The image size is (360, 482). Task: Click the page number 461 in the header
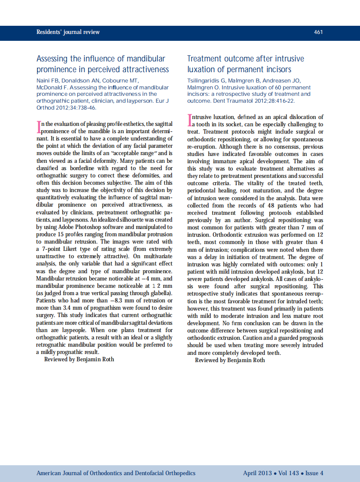click(x=318, y=32)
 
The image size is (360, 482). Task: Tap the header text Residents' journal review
click(x=68, y=32)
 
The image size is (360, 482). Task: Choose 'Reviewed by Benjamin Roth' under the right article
click(x=230, y=360)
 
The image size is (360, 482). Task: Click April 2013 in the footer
click(x=257, y=473)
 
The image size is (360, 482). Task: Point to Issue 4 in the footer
click(x=314, y=473)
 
